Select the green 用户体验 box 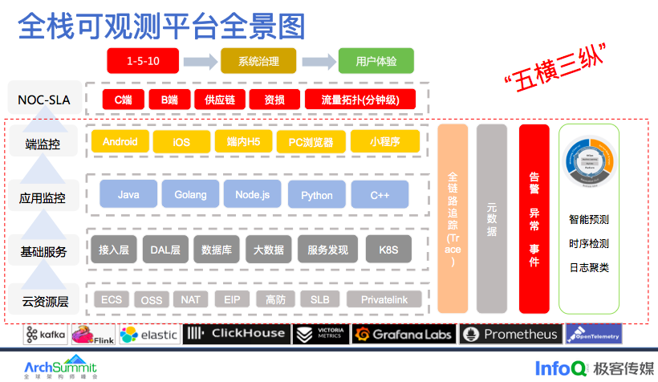pyautogui.click(x=376, y=61)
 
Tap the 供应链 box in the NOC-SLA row pyautogui.click(x=219, y=100)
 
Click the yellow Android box pyautogui.click(x=120, y=142)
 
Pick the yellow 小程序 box pyautogui.click(x=384, y=142)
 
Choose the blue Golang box pyautogui.click(x=190, y=194)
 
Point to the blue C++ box pyautogui.click(x=380, y=194)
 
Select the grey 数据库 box pyautogui.click(x=217, y=249)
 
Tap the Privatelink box pyautogui.click(x=384, y=299)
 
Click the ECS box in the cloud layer pyautogui.click(x=112, y=299)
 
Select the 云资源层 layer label pyautogui.click(x=45, y=302)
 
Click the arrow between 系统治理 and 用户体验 pyautogui.click(x=319, y=61)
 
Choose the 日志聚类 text pyautogui.click(x=588, y=267)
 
